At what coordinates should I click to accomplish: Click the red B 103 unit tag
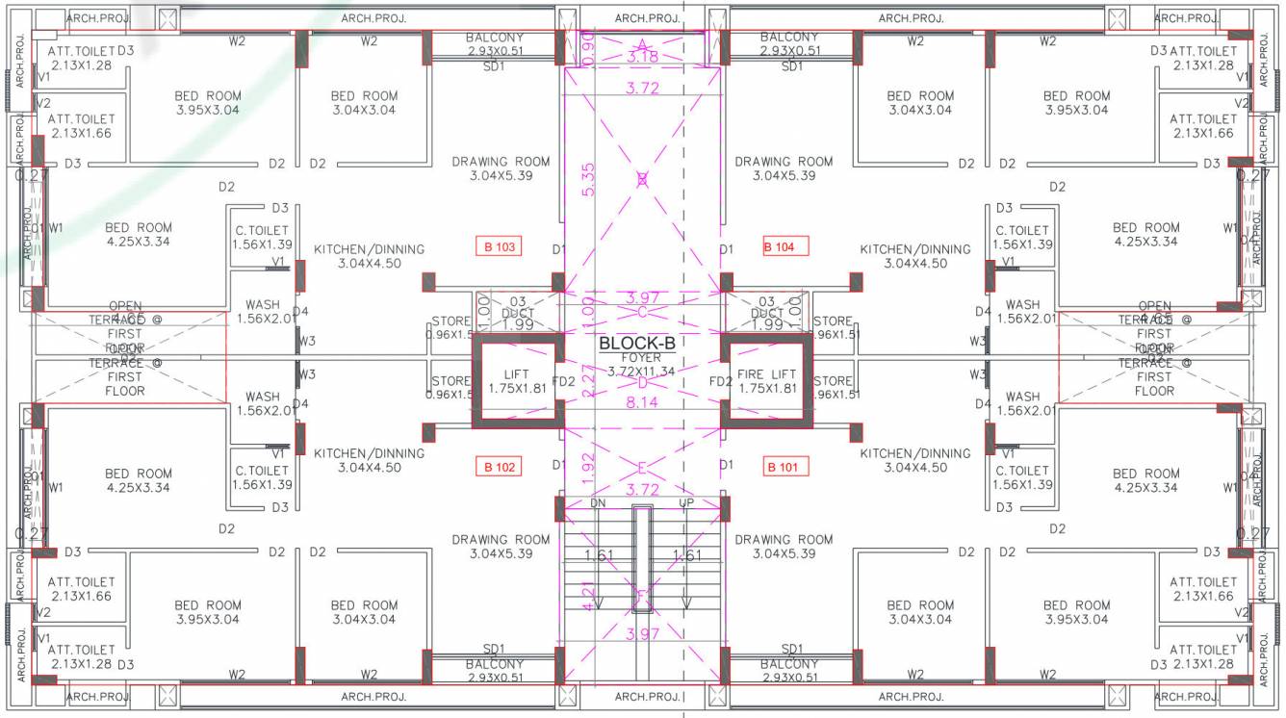(500, 247)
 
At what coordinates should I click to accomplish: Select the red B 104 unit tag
(780, 247)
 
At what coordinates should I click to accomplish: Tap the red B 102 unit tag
(500, 468)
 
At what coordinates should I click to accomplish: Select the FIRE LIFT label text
(767, 374)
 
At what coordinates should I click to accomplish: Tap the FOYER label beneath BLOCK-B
(641, 358)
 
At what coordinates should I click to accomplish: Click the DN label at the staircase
(598, 503)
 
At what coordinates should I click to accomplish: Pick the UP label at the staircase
(686, 503)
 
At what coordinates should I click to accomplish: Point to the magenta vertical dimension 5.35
(587, 178)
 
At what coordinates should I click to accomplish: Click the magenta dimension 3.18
(642, 58)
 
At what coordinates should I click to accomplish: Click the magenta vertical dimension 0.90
(589, 44)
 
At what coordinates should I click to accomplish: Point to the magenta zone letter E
(642, 469)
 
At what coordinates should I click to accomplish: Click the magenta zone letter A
(642, 44)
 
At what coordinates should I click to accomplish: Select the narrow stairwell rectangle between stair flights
(642, 559)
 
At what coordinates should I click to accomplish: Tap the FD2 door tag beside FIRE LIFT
(721, 382)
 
